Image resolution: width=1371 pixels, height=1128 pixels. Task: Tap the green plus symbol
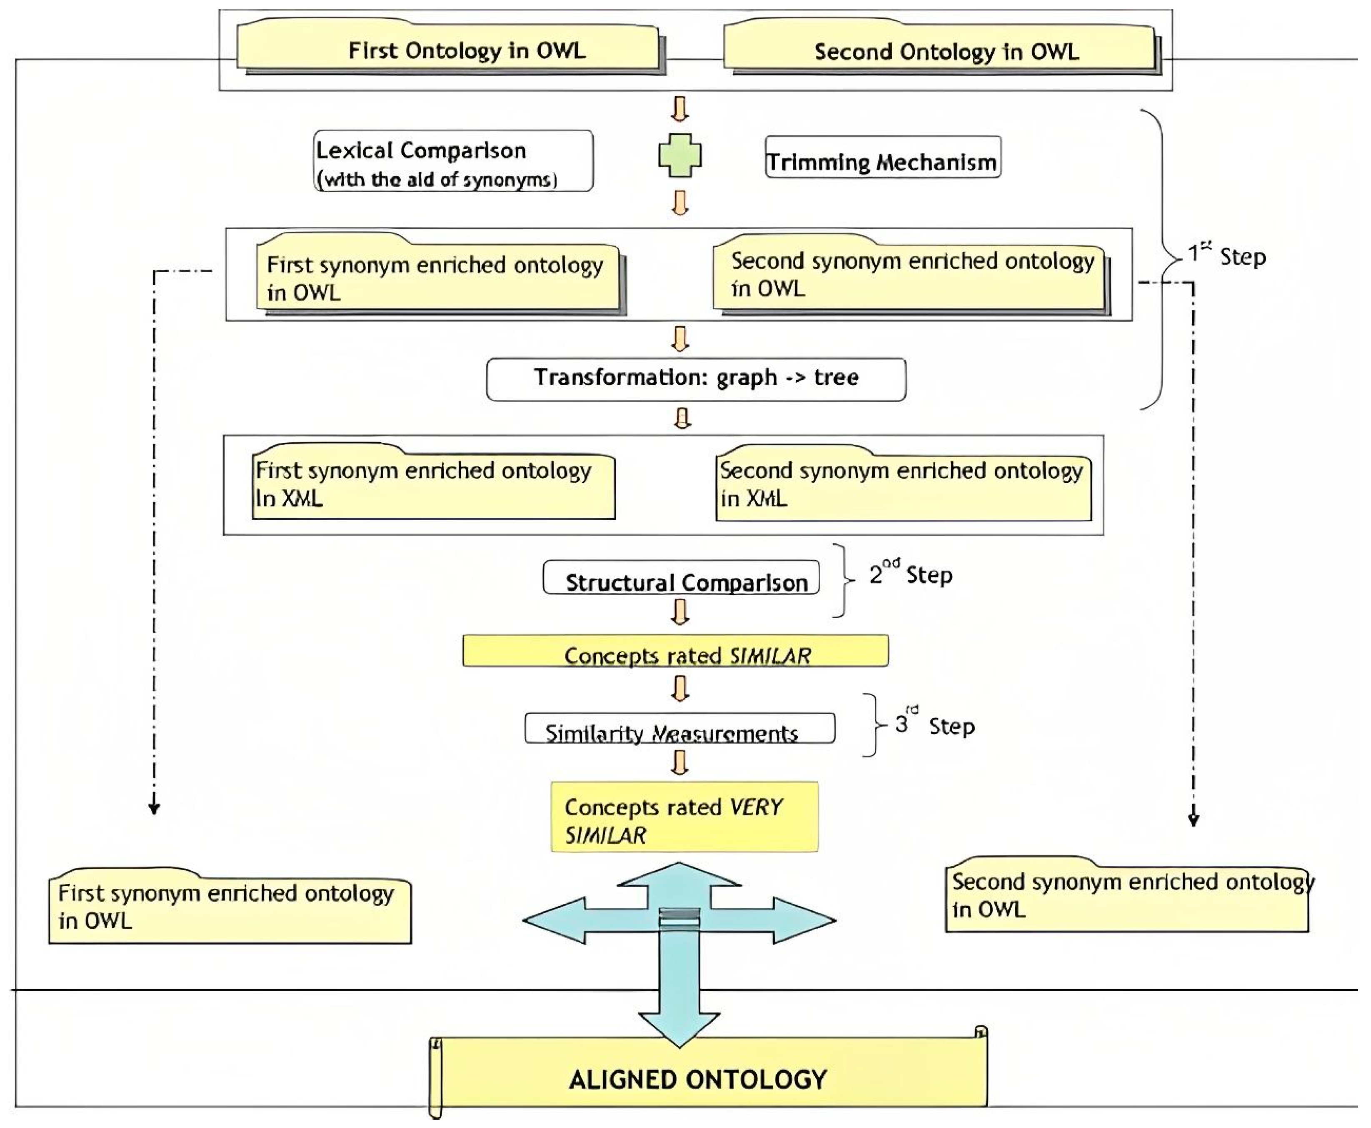tap(680, 155)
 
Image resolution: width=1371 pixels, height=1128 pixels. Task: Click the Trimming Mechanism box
tap(883, 157)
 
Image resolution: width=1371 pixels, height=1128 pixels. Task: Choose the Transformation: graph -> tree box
tap(696, 379)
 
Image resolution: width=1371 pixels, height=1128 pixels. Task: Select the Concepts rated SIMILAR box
tap(675, 650)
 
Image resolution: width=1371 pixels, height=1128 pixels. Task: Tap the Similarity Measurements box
tap(680, 728)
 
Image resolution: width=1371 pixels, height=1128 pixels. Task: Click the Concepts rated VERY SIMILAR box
tap(684, 817)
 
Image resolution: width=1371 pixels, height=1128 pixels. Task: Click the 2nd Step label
tap(911, 574)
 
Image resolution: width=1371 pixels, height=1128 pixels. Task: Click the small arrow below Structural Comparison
tap(680, 612)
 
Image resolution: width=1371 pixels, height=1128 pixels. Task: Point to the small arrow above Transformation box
tap(680, 338)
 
